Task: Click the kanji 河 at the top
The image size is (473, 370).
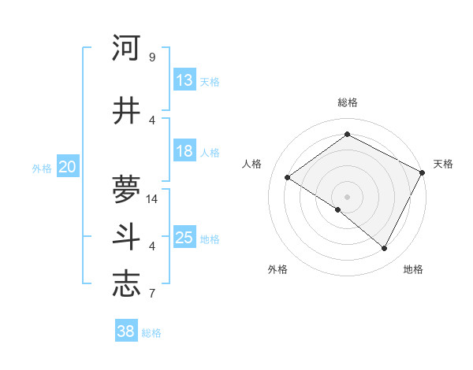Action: [126, 48]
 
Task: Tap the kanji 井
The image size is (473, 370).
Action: [126, 111]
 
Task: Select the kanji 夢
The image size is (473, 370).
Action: [126, 189]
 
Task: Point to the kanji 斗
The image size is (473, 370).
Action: [126, 237]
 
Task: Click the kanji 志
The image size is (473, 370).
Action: [126, 284]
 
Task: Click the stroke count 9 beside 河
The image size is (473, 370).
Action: [151, 57]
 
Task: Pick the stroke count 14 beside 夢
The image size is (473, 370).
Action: [153, 199]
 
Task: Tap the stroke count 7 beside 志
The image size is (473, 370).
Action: [151, 294]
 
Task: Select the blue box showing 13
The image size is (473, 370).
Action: [184, 80]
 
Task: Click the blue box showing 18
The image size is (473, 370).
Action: [184, 151]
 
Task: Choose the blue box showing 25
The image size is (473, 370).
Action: [184, 237]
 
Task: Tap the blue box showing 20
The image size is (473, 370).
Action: [68, 167]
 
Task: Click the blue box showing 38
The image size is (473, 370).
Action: [126, 331]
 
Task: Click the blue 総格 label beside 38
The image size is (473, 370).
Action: [151, 333]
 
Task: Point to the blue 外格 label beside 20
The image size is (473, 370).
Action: [42, 168]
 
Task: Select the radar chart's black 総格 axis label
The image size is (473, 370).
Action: [347, 102]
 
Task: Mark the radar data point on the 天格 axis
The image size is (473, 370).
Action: [423, 172]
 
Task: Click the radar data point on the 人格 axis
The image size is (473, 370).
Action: [288, 177]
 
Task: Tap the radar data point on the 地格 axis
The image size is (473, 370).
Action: [385, 248]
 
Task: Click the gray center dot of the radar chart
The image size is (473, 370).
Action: [347, 196]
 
